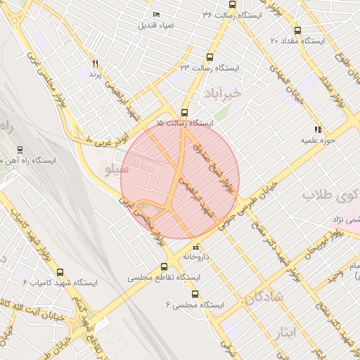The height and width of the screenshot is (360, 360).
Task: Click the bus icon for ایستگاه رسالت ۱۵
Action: point(184,112)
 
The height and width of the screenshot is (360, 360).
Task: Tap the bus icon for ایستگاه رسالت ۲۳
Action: point(209,58)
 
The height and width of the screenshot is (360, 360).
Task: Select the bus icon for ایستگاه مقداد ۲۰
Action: point(297,30)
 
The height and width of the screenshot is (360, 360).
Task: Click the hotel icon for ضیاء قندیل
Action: point(156,15)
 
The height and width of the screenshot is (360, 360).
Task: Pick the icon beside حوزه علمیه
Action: point(318,129)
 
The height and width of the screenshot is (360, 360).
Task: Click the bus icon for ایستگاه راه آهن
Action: point(20,149)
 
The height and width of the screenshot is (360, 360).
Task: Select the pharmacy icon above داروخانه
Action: point(195,247)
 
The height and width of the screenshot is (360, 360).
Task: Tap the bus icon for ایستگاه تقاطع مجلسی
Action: point(165,266)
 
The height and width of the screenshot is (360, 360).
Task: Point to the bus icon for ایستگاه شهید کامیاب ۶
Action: point(60,271)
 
